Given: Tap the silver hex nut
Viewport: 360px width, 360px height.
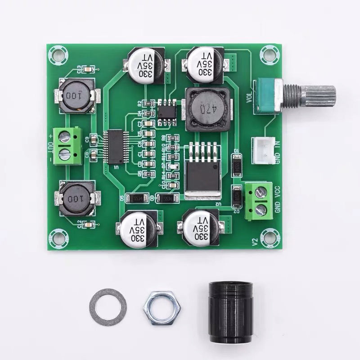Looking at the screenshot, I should [160, 307].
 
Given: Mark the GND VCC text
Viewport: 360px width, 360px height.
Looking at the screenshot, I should [278, 199].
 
